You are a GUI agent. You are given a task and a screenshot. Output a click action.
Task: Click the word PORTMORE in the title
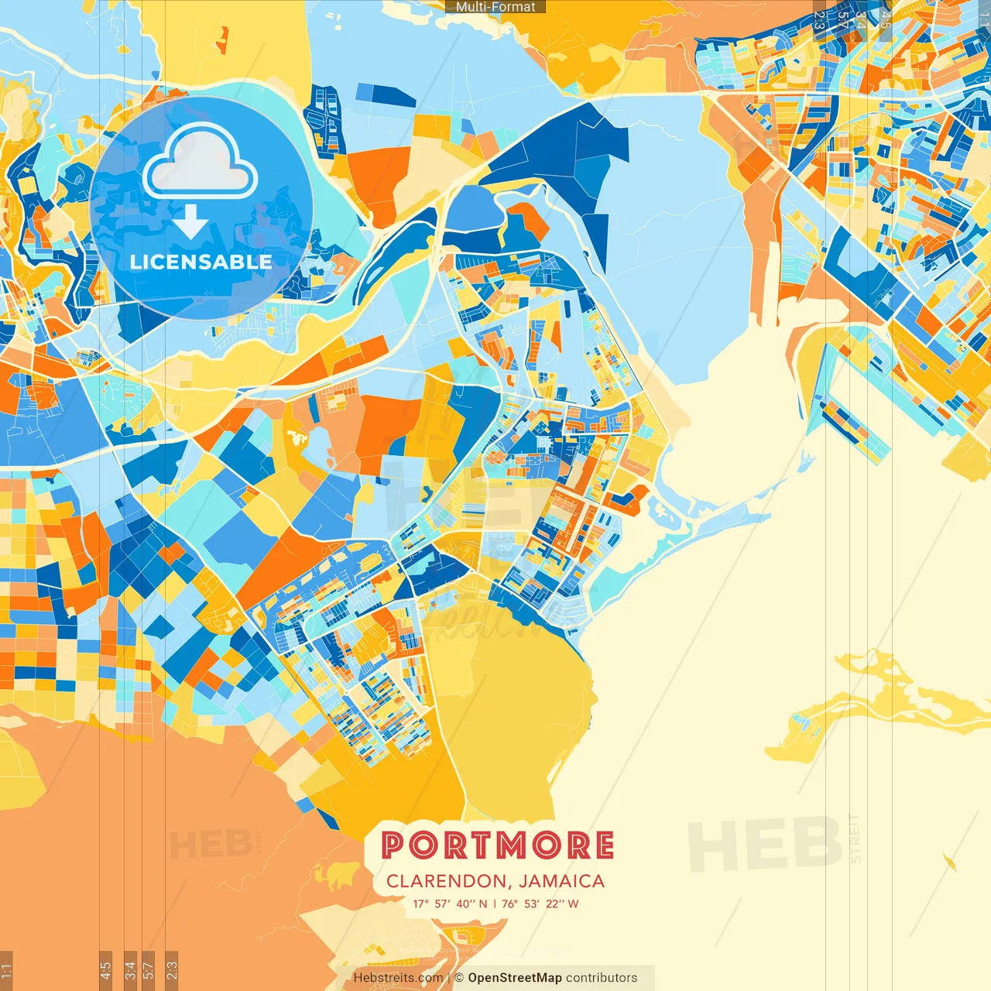(498, 845)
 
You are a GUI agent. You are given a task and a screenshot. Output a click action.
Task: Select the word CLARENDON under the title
(445, 881)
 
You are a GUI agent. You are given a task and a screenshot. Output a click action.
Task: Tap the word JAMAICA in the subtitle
(562, 881)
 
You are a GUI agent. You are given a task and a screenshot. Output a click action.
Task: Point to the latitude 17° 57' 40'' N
(450, 904)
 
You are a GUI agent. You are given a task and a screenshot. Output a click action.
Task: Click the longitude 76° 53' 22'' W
(540, 904)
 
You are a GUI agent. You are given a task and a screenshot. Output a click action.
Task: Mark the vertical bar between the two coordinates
(495, 904)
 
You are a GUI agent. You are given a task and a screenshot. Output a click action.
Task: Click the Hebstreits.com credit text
(398, 978)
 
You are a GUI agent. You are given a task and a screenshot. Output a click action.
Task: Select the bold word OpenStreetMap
(515, 978)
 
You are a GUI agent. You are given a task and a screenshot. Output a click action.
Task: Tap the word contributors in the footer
(602, 978)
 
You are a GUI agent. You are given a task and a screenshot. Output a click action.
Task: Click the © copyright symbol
(459, 978)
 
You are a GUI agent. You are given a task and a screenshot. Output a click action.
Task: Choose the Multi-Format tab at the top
(495, 7)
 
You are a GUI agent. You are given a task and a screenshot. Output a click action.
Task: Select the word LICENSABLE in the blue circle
(201, 262)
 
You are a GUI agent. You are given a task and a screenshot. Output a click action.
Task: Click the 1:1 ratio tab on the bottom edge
(7, 969)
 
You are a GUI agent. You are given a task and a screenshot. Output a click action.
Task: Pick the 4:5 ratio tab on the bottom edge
(106, 969)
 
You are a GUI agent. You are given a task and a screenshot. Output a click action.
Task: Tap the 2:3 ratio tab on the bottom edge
(172, 969)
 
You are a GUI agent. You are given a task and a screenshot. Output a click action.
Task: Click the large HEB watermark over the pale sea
(765, 844)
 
